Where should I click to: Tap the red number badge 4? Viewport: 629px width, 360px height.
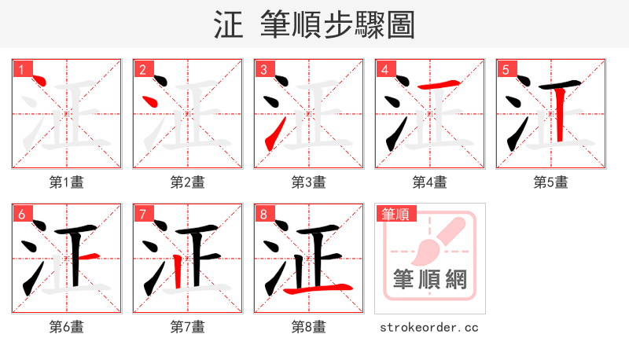pos(385,69)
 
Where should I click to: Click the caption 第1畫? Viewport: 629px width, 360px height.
pos(67,182)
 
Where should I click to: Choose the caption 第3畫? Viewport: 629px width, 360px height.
pos(309,182)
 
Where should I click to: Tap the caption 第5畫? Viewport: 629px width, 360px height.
pos(551,182)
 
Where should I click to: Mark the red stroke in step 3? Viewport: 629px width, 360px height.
pos(270,138)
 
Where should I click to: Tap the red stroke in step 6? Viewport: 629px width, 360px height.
pos(88,256)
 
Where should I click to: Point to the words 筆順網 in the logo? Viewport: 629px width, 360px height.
pos(430,280)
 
